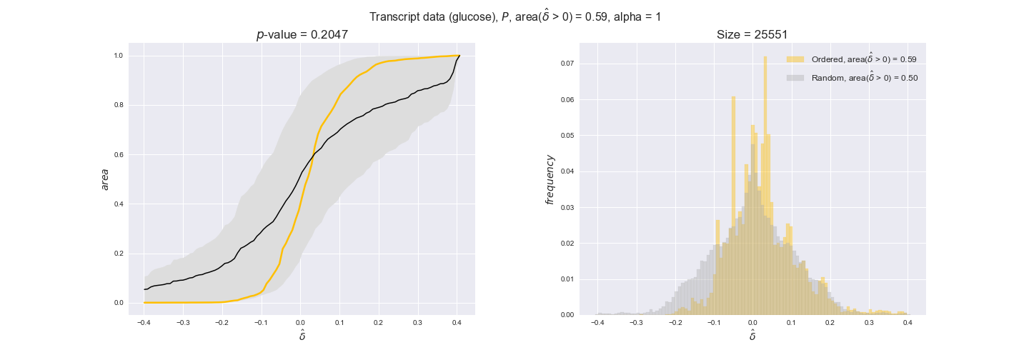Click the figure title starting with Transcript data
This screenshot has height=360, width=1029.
pos(514,17)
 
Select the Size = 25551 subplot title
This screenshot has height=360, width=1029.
pos(752,35)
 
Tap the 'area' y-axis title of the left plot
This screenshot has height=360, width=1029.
pos(105,179)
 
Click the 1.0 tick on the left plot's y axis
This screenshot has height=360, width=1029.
pos(118,56)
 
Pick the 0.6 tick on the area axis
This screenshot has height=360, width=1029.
pos(118,155)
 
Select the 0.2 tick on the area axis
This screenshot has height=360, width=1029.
pos(118,254)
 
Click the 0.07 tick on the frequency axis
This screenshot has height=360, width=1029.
pos(568,64)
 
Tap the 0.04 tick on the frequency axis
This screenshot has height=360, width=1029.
pos(568,171)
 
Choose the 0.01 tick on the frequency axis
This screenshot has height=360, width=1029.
pos(568,279)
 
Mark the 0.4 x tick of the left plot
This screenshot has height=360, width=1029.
pos(457,323)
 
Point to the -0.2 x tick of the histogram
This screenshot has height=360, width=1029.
pos(673,323)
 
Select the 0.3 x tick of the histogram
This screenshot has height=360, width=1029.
pos(868,323)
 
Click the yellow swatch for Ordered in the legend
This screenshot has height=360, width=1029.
pos(795,59)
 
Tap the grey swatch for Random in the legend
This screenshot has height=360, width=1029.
pos(795,78)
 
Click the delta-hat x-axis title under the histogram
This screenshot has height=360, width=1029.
pos(752,336)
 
